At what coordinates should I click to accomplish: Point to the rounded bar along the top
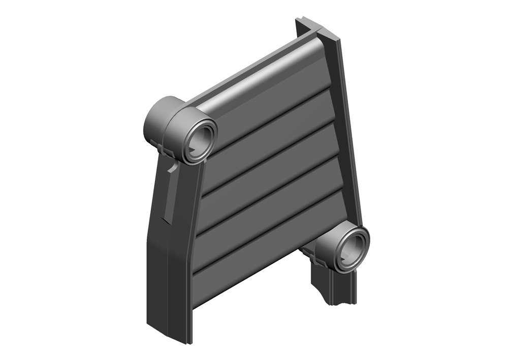pyautogui.click(x=264, y=76)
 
